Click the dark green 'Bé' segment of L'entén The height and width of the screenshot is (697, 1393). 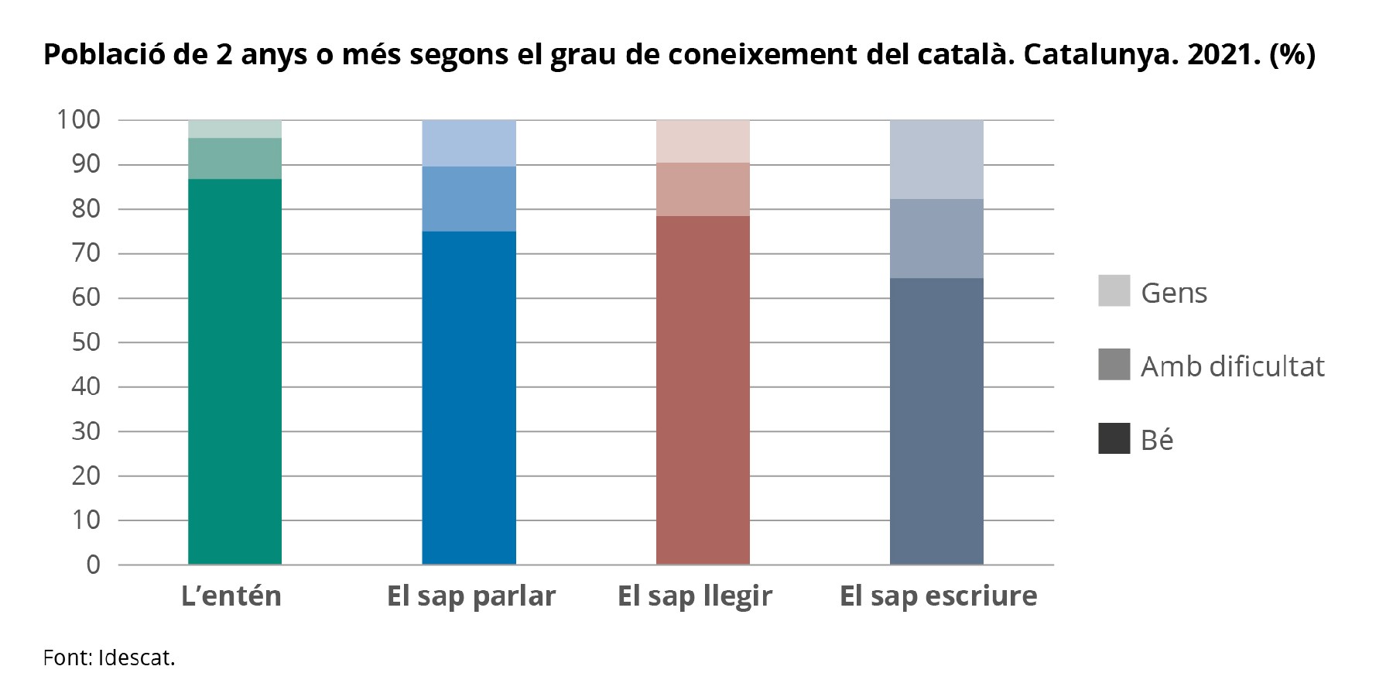click(x=234, y=372)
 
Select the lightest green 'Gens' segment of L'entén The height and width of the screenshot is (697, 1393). click(x=234, y=129)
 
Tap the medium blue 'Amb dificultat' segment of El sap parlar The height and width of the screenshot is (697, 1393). click(x=469, y=198)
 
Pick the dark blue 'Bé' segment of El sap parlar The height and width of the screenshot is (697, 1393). click(x=469, y=397)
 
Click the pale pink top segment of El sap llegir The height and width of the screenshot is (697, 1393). click(x=703, y=141)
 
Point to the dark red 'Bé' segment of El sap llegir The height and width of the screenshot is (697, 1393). click(x=703, y=390)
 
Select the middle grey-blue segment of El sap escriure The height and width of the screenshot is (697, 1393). click(x=936, y=239)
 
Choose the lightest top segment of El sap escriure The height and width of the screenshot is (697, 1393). click(x=936, y=159)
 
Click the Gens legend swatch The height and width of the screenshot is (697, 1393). click(x=1114, y=290)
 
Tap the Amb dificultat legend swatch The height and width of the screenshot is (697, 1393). click(x=1114, y=364)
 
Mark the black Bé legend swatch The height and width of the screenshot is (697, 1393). click(x=1114, y=438)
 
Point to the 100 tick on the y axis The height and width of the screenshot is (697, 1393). click(x=78, y=120)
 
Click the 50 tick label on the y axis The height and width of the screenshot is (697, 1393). click(x=86, y=342)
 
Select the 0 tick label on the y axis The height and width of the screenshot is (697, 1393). click(x=93, y=565)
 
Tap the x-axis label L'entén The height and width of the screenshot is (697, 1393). click(x=231, y=596)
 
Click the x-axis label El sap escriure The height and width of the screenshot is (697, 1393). click(x=938, y=596)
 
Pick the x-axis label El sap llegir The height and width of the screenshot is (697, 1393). click(x=695, y=596)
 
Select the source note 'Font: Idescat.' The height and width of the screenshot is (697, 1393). click(x=109, y=658)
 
